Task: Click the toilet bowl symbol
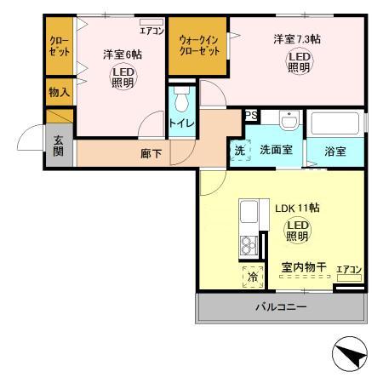click(x=181, y=99)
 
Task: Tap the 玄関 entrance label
click(x=58, y=146)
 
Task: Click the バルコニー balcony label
click(x=281, y=307)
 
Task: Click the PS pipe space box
click(x=251, y=115)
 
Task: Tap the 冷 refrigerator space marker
click(x=253, y=277)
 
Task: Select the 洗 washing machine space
click(x=240, y=151)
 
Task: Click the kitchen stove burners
click(x=249, y=245)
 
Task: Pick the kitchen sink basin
click(x=249, y=212)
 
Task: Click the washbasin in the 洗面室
click(x=289, y=119)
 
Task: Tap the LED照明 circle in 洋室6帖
click(x=123, y=77)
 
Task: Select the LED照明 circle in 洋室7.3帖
click(x=299, y=62)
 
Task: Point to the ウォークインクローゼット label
click(x=199, y=45)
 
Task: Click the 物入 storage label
click(x=60, y=92)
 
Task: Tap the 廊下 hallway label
click(x=151, y=153)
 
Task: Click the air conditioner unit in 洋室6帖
click(x=151, y=22)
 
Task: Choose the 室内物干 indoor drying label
click(x=304, y=266)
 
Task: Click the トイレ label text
click(x=182, y=123)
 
